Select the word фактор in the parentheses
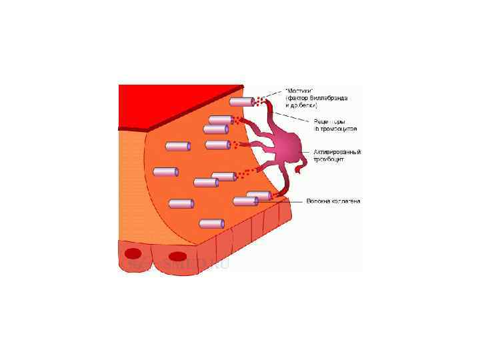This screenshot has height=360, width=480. click(300, 98)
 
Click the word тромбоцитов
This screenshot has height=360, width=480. click(339, 128)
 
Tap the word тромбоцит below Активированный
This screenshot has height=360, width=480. click(328, 160)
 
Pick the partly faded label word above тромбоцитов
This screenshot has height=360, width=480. click(329, 121)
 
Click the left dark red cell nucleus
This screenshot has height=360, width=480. click(134, 253)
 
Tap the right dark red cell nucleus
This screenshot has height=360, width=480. click(178, 256)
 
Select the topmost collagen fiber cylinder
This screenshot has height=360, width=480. click(243, 102)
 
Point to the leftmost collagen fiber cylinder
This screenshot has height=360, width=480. click(166, 172)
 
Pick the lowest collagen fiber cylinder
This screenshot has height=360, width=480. click(212, 224)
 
